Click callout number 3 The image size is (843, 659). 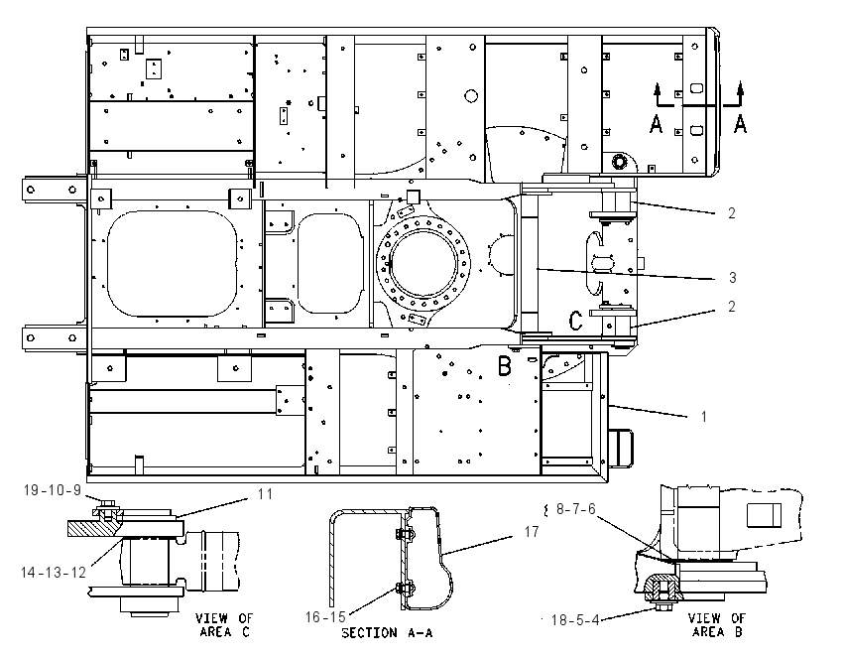coord(732,278)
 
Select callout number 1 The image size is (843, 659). coord(704,417)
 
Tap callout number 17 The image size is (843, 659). coord(532,532)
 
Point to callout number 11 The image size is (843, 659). coord(265,494)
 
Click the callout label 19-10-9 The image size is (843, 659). coord(53,490)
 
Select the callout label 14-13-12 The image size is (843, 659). coord(54,573)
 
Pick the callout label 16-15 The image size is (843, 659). coord(324,617)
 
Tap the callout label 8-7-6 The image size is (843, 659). coord(576,509)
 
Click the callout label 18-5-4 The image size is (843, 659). coord(575,620)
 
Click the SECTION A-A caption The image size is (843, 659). coord(387,633)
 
